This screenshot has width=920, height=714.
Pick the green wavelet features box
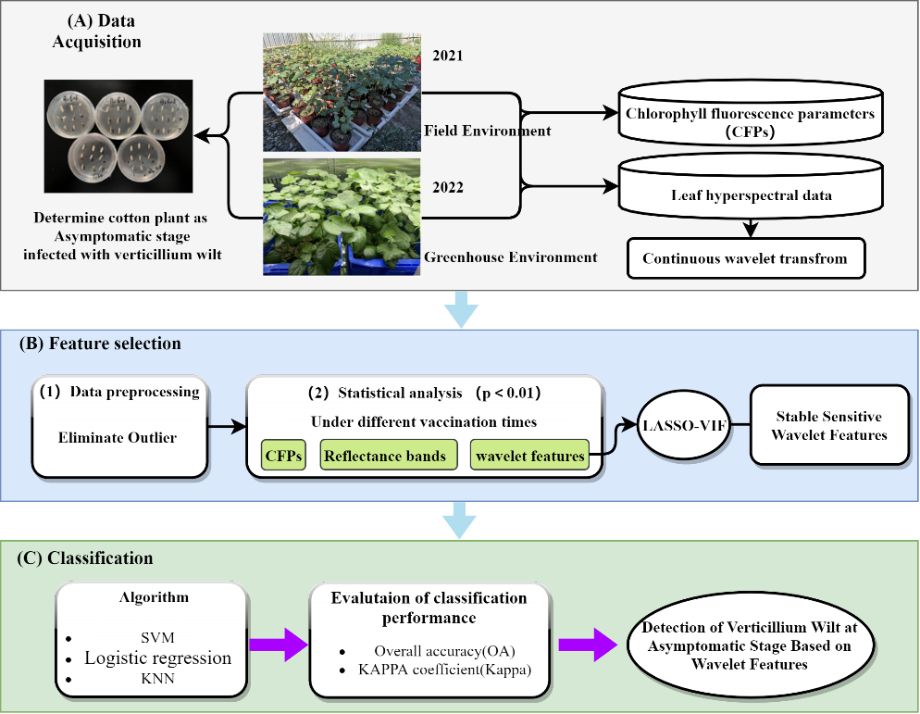528,456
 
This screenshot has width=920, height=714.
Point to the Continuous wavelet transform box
745,258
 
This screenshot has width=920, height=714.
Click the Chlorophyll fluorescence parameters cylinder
751,119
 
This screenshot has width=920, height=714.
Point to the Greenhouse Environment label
510,257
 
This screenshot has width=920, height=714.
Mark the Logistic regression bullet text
158,658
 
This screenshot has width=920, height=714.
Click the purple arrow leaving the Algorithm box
280,645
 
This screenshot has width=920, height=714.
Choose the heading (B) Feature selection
100,344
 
